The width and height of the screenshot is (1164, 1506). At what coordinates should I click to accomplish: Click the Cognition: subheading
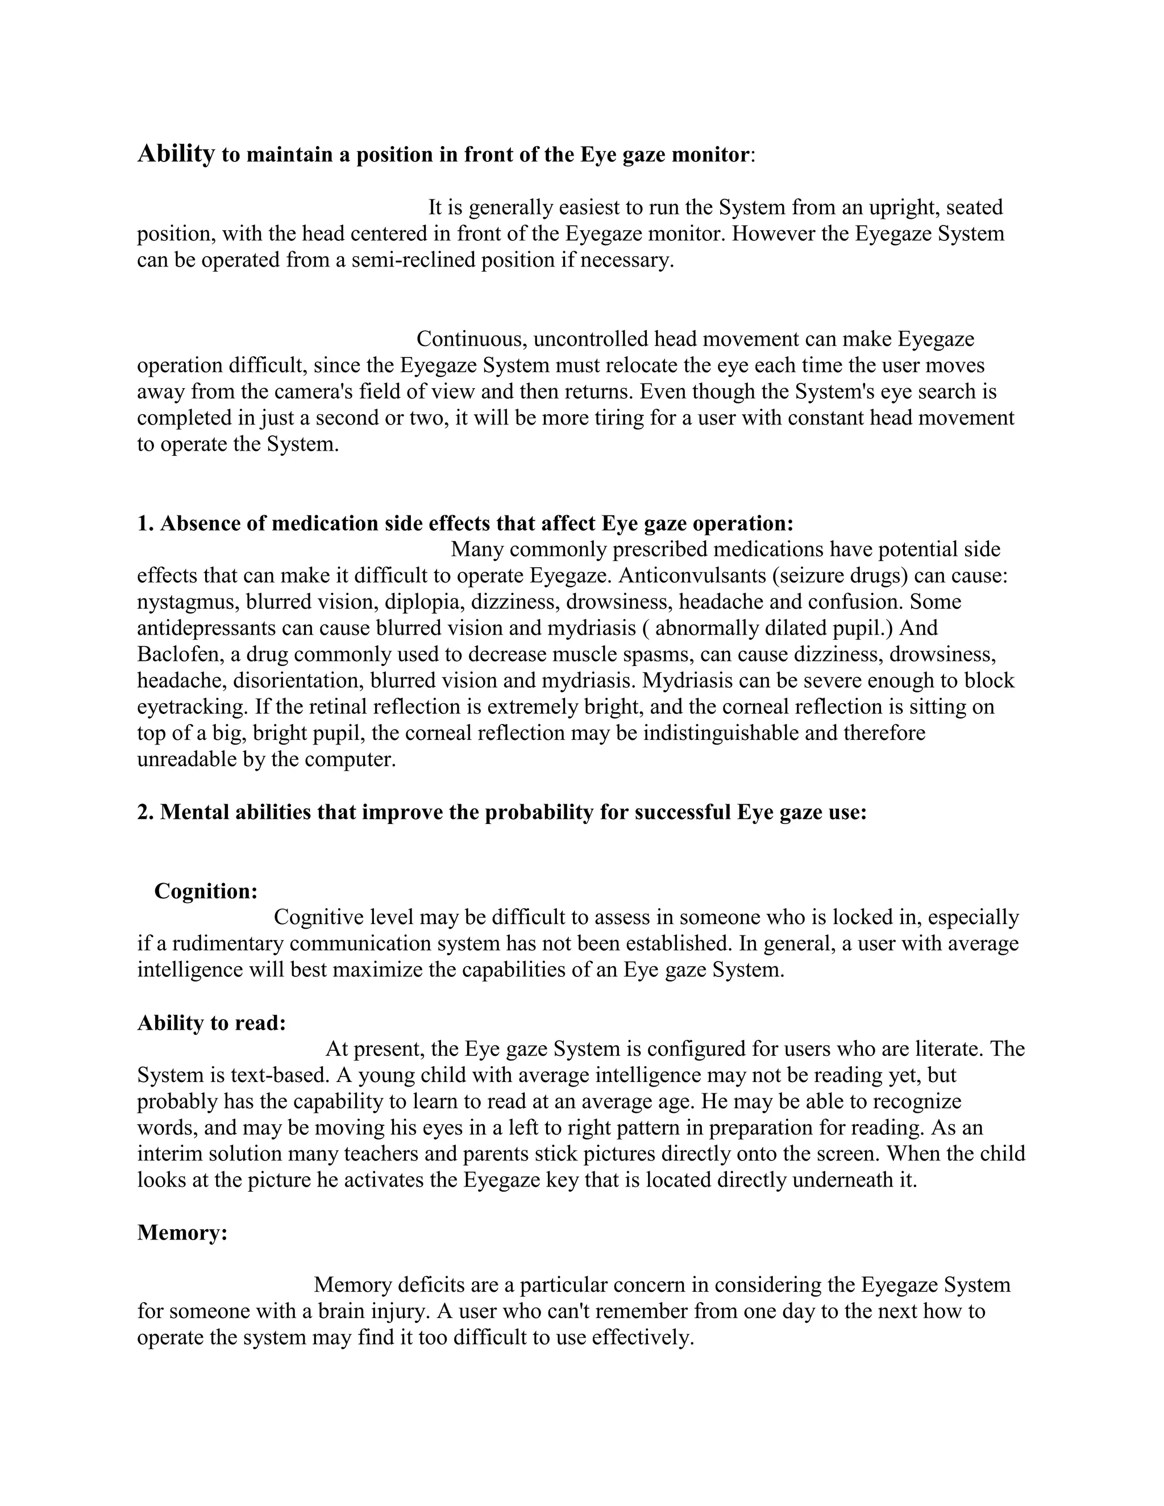click(x=206, y=891)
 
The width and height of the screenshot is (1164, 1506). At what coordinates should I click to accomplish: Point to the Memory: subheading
click(x=182, y=1232)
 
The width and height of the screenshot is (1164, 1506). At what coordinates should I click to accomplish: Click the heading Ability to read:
click(x=211, y=1022)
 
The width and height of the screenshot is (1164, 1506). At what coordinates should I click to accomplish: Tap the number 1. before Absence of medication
click(x=145, y=523)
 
